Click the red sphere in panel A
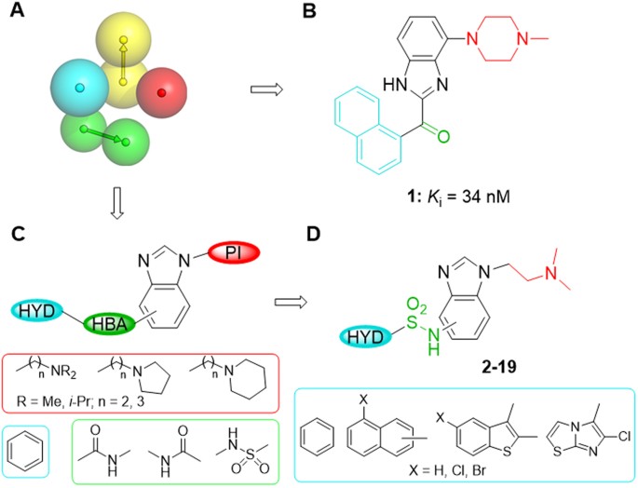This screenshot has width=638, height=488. (x=162, y=93)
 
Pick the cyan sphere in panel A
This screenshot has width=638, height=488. (x=79, y=88)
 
